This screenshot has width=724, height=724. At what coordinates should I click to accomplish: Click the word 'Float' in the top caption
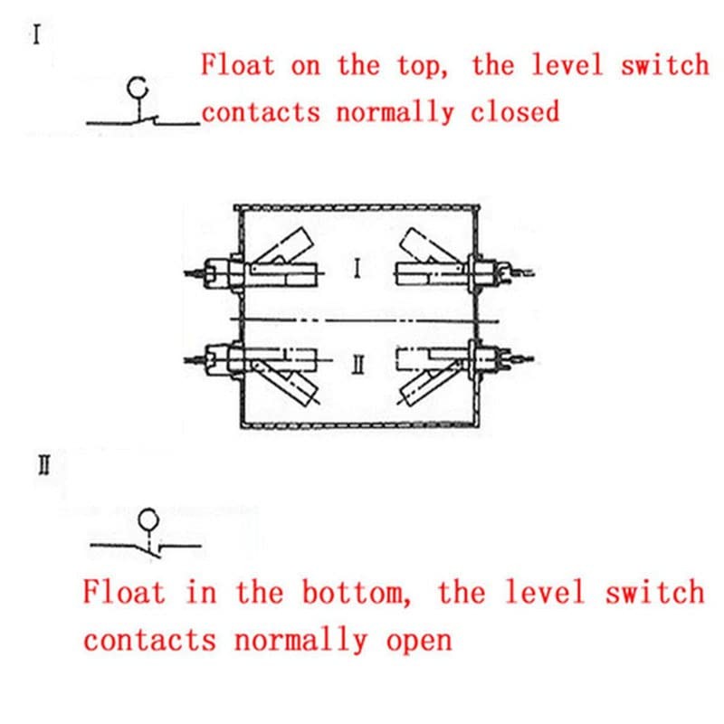tap(238, 64)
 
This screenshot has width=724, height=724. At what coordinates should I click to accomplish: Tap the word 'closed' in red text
tap(514, 111)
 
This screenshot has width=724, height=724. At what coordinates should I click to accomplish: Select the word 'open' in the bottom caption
tap(419, 641)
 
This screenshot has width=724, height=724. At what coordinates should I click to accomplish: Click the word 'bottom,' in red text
tap(356, 592)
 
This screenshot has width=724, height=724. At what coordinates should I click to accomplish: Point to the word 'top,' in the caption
tap(423, 65)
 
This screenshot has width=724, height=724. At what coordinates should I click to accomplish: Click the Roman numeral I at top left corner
tap(36, 34)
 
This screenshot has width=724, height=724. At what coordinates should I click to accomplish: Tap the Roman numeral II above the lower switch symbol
tap(43, 465)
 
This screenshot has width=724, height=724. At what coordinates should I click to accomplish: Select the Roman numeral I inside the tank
tap(357, 268)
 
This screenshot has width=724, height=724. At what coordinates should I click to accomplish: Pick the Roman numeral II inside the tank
tap(358, 365)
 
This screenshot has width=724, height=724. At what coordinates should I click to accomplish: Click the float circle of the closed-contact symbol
tap(138, 88)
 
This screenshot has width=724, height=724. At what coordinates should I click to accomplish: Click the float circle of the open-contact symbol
tap(148, 519)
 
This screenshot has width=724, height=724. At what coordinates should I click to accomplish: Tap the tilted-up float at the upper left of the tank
tap(285, 247)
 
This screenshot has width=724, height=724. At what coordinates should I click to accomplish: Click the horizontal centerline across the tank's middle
tap(365, 319)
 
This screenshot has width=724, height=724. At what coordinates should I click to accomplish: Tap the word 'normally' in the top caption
tap(395, 112)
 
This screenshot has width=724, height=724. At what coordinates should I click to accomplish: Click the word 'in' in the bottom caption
tap(201, 592)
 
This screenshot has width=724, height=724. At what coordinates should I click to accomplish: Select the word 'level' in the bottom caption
tap(546, 592)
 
